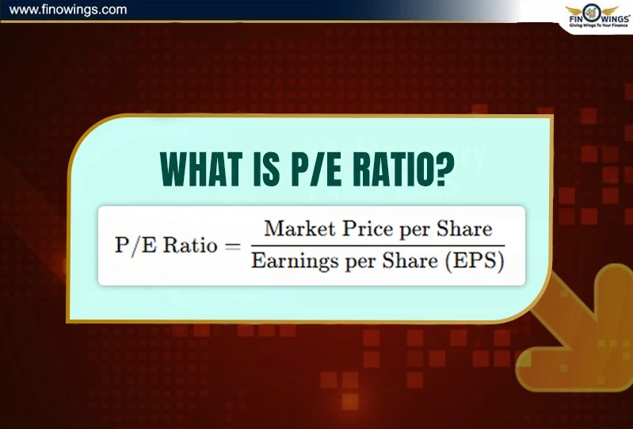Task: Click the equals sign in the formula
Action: click(x=231, y=246)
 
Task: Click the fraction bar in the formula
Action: click(x=377, y=245)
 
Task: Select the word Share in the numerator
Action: click(x=462, y=229)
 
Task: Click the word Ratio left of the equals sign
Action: click(x=189, y=246)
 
